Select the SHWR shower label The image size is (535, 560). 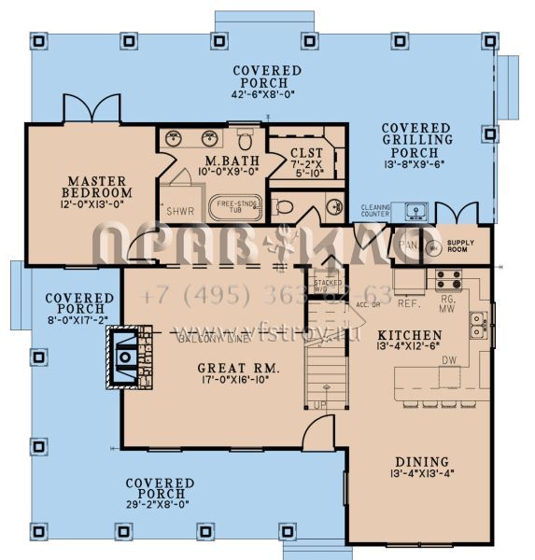pyautogui.click(x=180, y=211)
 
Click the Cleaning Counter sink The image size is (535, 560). pyautogui.click(x=416, y=210)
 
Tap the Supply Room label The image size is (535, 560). pyautogui.click(x=460, y=247)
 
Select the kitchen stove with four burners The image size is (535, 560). pyautogui.click(x=447, y=278)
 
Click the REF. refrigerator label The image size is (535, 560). pyautogui.click(x=407, y=303)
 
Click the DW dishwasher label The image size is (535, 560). pyautogui.click(x=448, y=359)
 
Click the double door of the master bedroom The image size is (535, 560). pyautogui.click(x=91, y=109)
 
